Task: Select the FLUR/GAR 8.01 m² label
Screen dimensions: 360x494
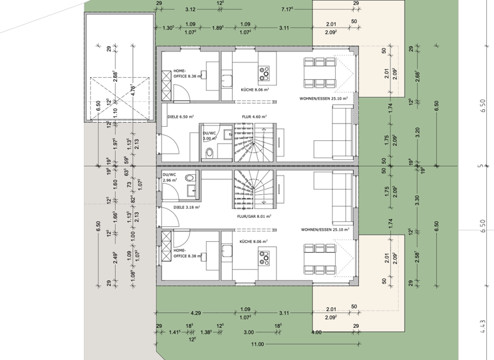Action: (x=254, y=217)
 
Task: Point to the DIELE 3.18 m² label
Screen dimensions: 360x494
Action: (x=187, y=208)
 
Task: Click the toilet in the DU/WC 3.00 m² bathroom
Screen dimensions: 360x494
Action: (x=210, y=152)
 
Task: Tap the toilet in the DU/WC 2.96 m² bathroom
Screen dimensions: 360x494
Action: (x=189, y=177)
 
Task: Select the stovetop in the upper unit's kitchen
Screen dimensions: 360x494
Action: (x=264, y=71)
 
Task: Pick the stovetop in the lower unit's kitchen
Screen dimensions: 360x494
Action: (x=264, y=258)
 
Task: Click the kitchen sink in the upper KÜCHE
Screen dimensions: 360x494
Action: (x=226, y=80)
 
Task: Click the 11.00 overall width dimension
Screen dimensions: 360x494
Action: (x=257, y=344)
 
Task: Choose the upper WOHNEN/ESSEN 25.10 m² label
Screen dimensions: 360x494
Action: (x=324, y=99)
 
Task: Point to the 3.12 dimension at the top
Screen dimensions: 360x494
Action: (x=190, y=10)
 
